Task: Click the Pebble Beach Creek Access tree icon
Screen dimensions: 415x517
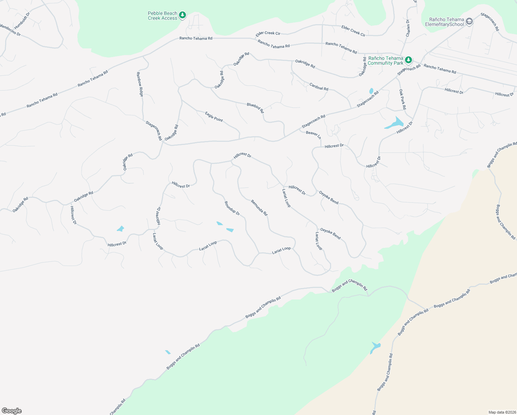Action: tap(182, 15)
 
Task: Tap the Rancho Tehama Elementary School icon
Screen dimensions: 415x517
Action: tap(469, 22)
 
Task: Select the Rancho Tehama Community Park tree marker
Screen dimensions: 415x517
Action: tap(408, 60)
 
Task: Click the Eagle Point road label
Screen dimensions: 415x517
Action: tap(214, 117)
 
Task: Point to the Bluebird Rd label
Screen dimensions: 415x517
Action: tap(255, 108)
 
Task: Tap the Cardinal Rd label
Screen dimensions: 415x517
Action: tap(319, 86)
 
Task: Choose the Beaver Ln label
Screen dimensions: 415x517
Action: tap(313, 134)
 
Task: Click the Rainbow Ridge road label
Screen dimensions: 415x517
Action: tap(140, 84)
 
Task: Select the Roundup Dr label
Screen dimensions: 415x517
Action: tap(232, 208)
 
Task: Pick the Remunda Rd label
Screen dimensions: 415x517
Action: tap(259, 207)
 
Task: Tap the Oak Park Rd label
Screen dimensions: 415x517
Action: tap(403, 99)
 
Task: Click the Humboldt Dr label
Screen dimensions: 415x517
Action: tap(22, 21)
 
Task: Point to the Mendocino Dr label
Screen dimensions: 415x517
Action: tap(10, 30)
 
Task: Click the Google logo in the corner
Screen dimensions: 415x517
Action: tap(11, 411)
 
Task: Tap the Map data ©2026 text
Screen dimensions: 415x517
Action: tap(501, 412)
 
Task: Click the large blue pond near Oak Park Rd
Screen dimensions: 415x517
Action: tap(395, 123)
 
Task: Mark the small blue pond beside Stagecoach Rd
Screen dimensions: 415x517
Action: tap(371, 91)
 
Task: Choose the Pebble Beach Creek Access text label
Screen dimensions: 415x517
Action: tap(162, 16)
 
